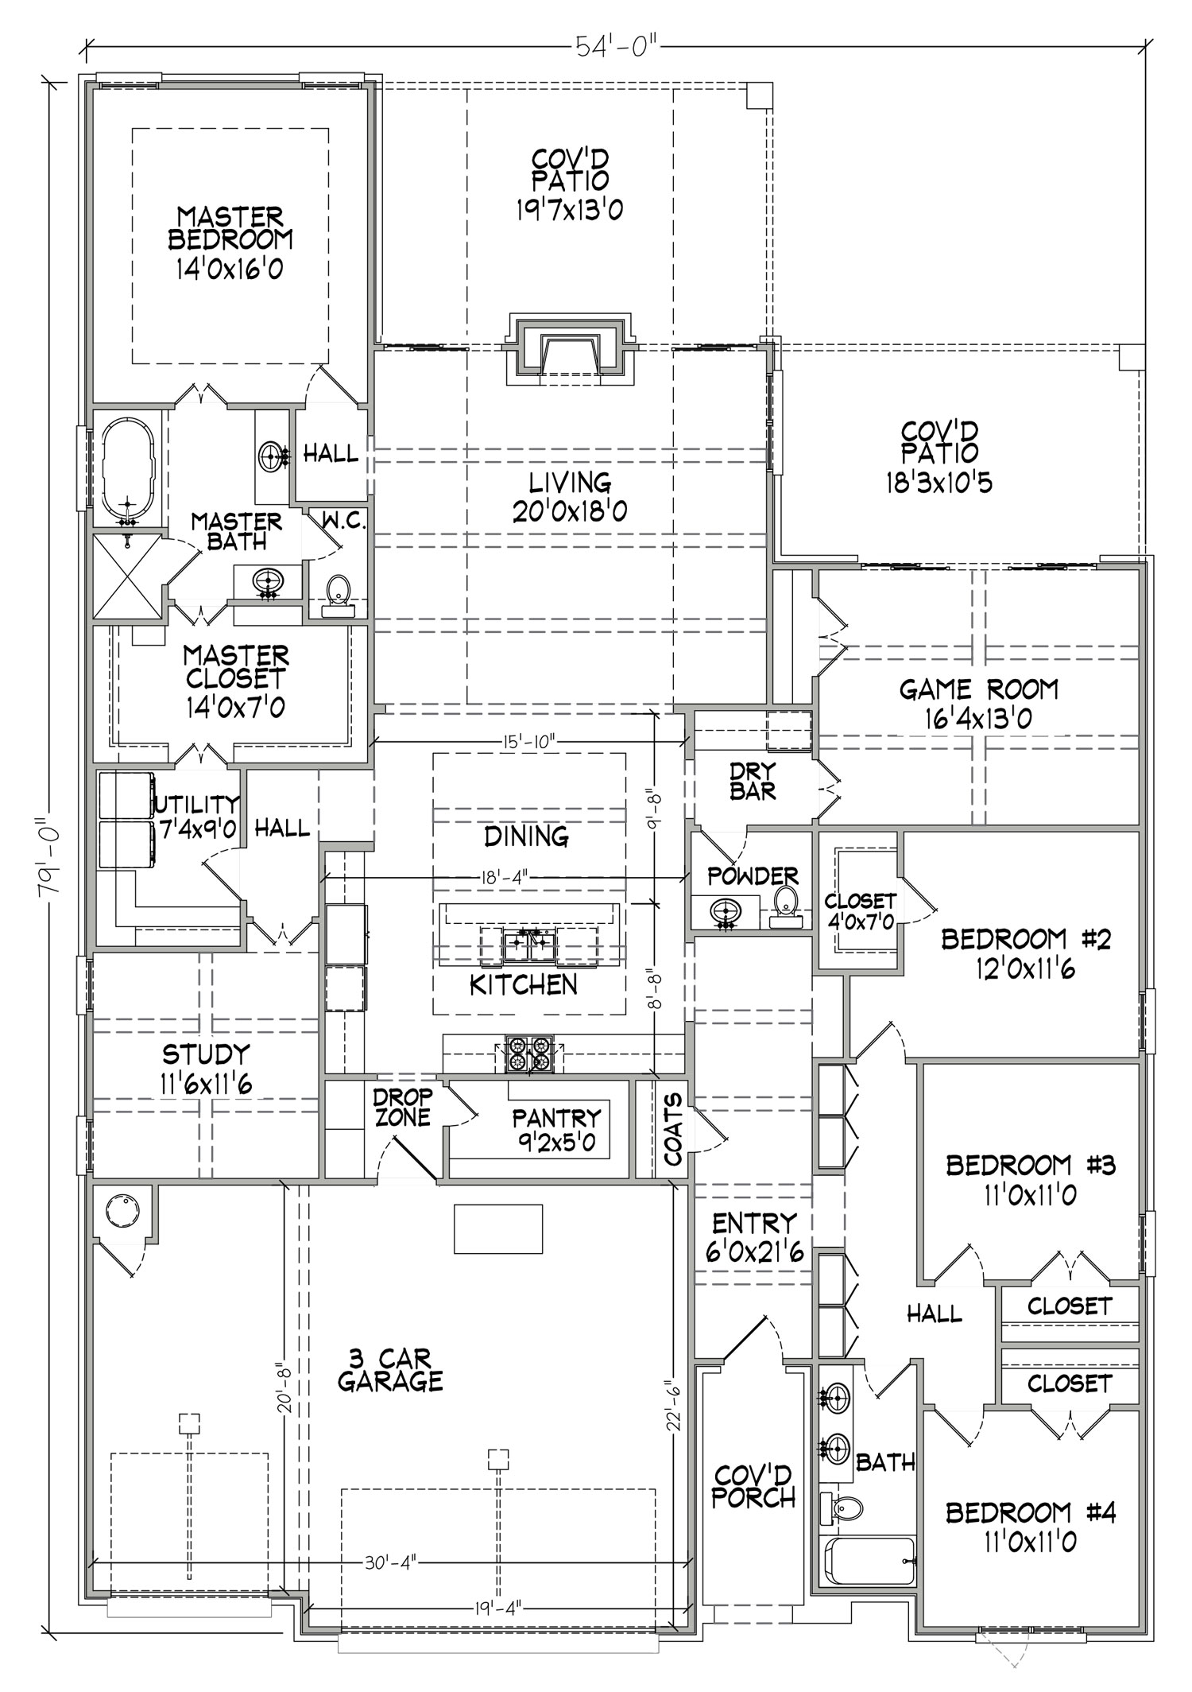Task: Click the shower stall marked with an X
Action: (129, 577)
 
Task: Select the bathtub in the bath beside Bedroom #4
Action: (869, 1562)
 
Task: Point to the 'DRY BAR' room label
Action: (753, 782)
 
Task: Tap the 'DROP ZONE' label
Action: (402, 1108)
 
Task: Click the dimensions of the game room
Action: (978, 719)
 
